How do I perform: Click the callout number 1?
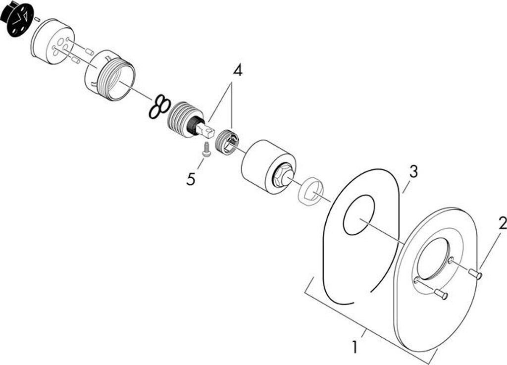355,346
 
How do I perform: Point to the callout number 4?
238,70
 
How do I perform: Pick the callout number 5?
191,179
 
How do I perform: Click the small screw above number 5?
205,149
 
